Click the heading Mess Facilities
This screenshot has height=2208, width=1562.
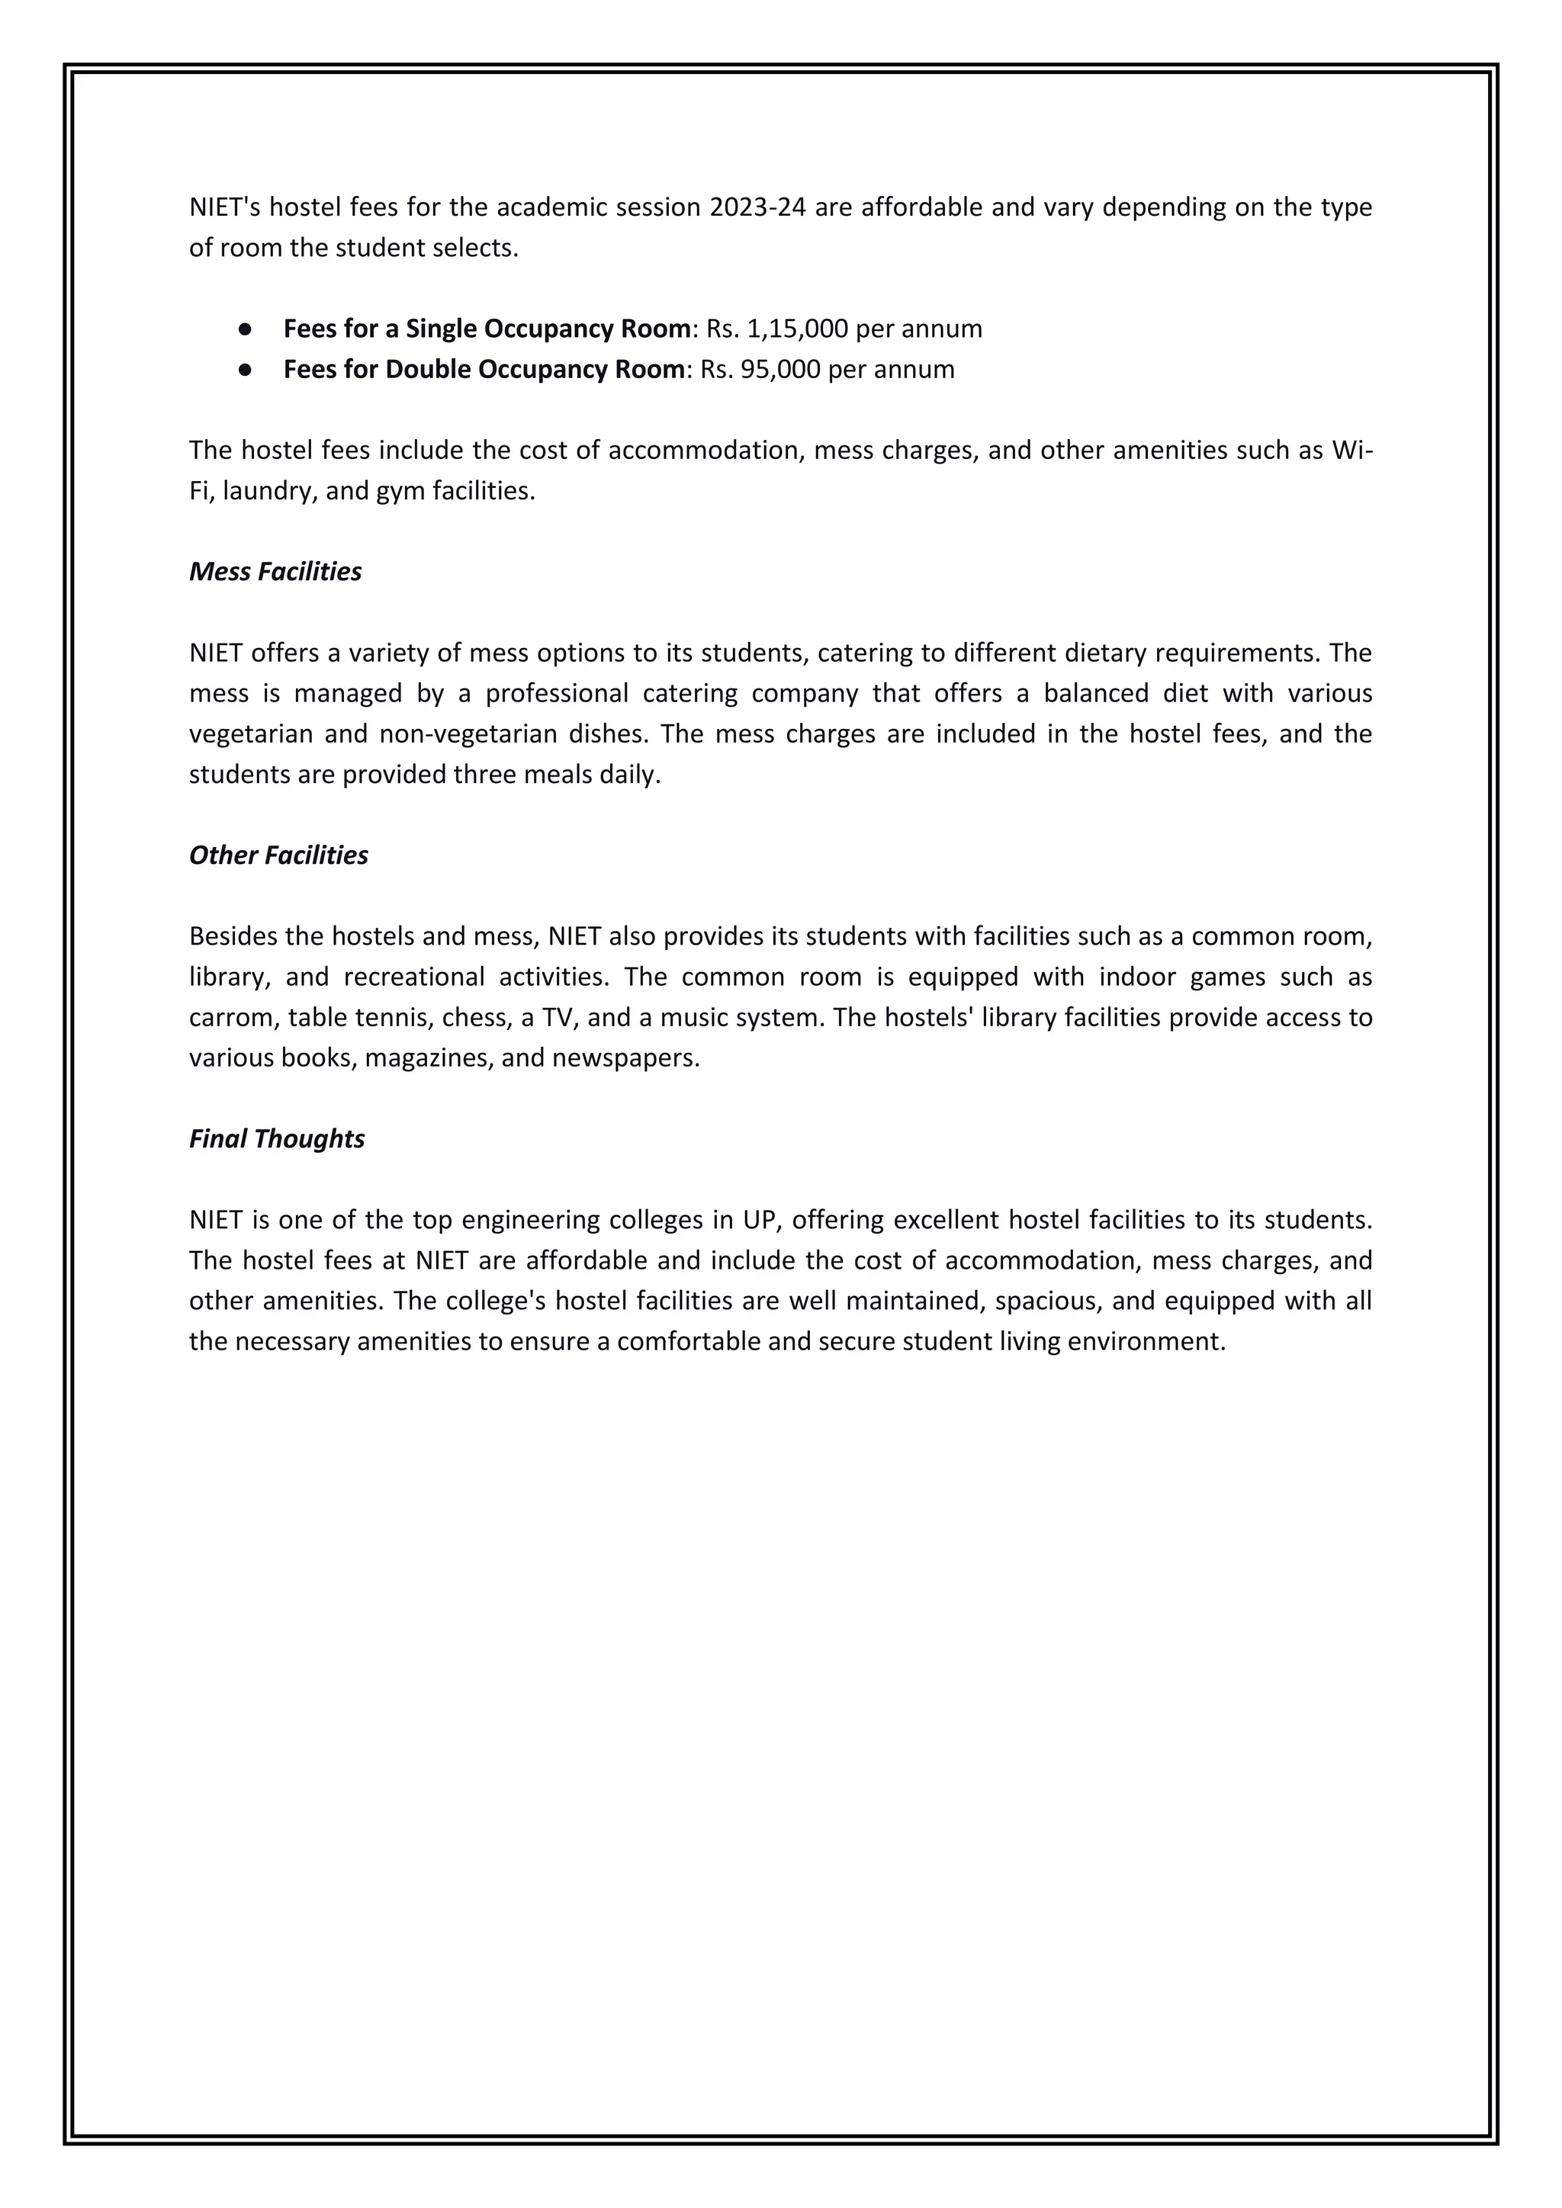[275, 571]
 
